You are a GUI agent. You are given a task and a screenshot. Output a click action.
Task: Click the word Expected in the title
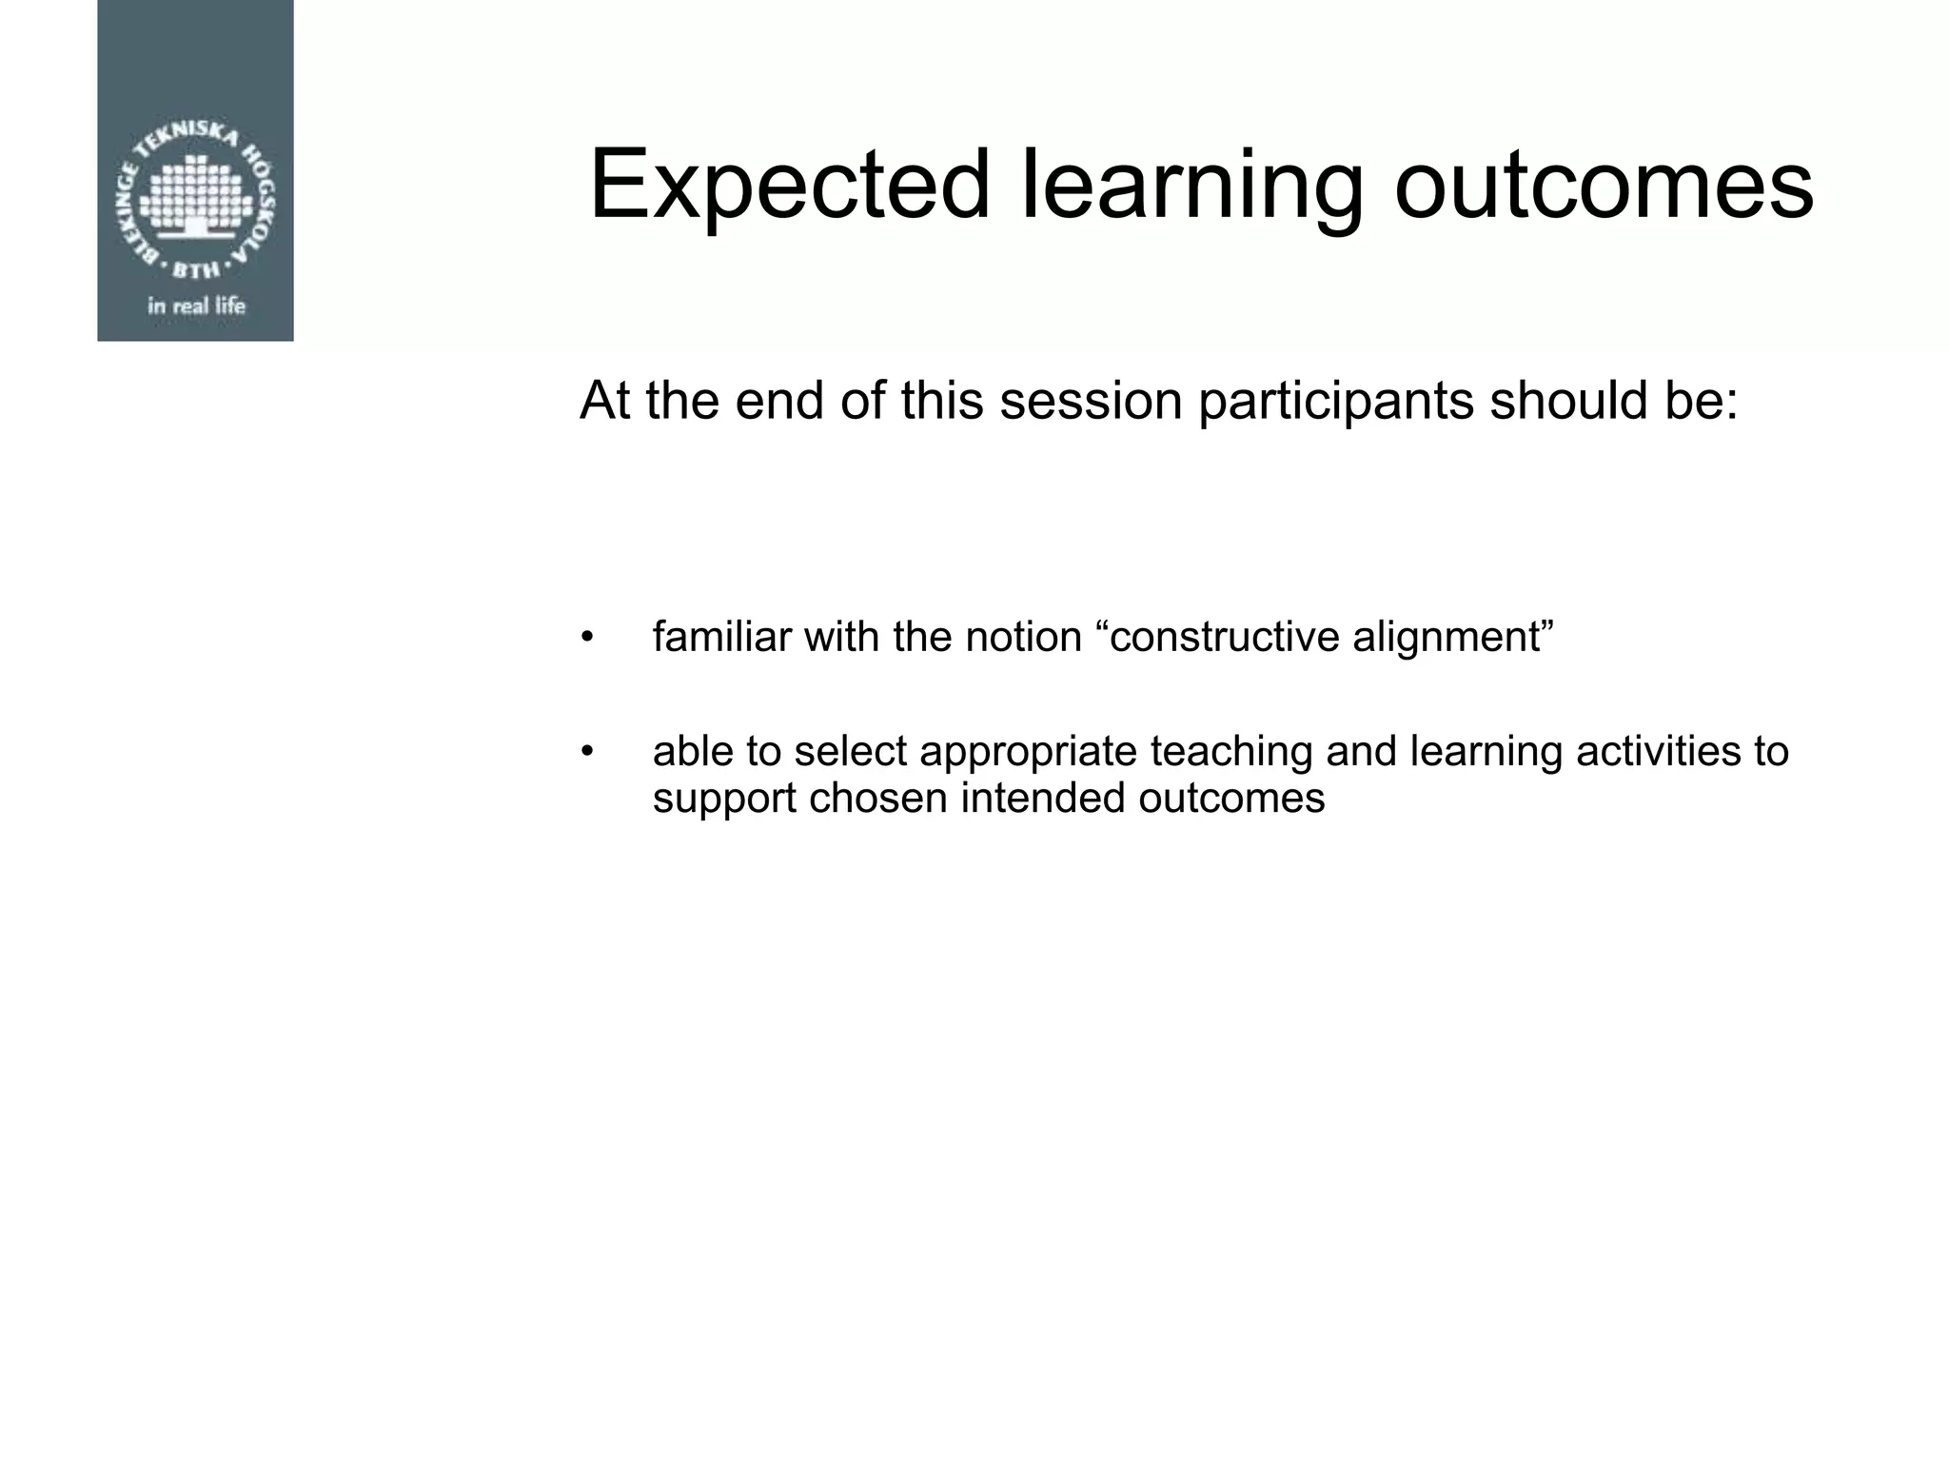(x=790, y=186)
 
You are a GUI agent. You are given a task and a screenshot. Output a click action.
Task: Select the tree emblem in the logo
(x=196, y=195)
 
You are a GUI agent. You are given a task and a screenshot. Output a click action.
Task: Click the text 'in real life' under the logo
(x=196, y=306)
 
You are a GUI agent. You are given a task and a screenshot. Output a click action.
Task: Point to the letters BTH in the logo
(x=196, y=270)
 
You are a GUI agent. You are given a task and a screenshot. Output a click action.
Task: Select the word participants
(x=1336, y=401)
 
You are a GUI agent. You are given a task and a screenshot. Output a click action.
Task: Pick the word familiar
(x=721, y=637)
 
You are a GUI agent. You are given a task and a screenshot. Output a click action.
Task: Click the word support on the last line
(x=723, y=798)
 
